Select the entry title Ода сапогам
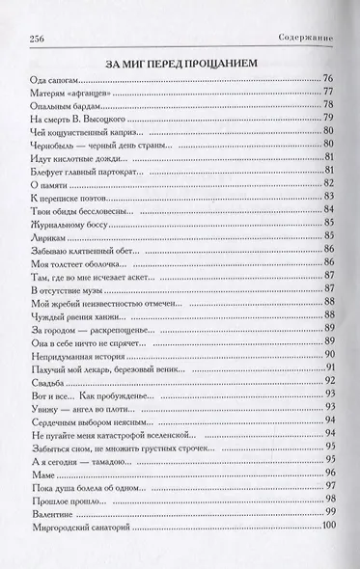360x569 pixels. (45, 79)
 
